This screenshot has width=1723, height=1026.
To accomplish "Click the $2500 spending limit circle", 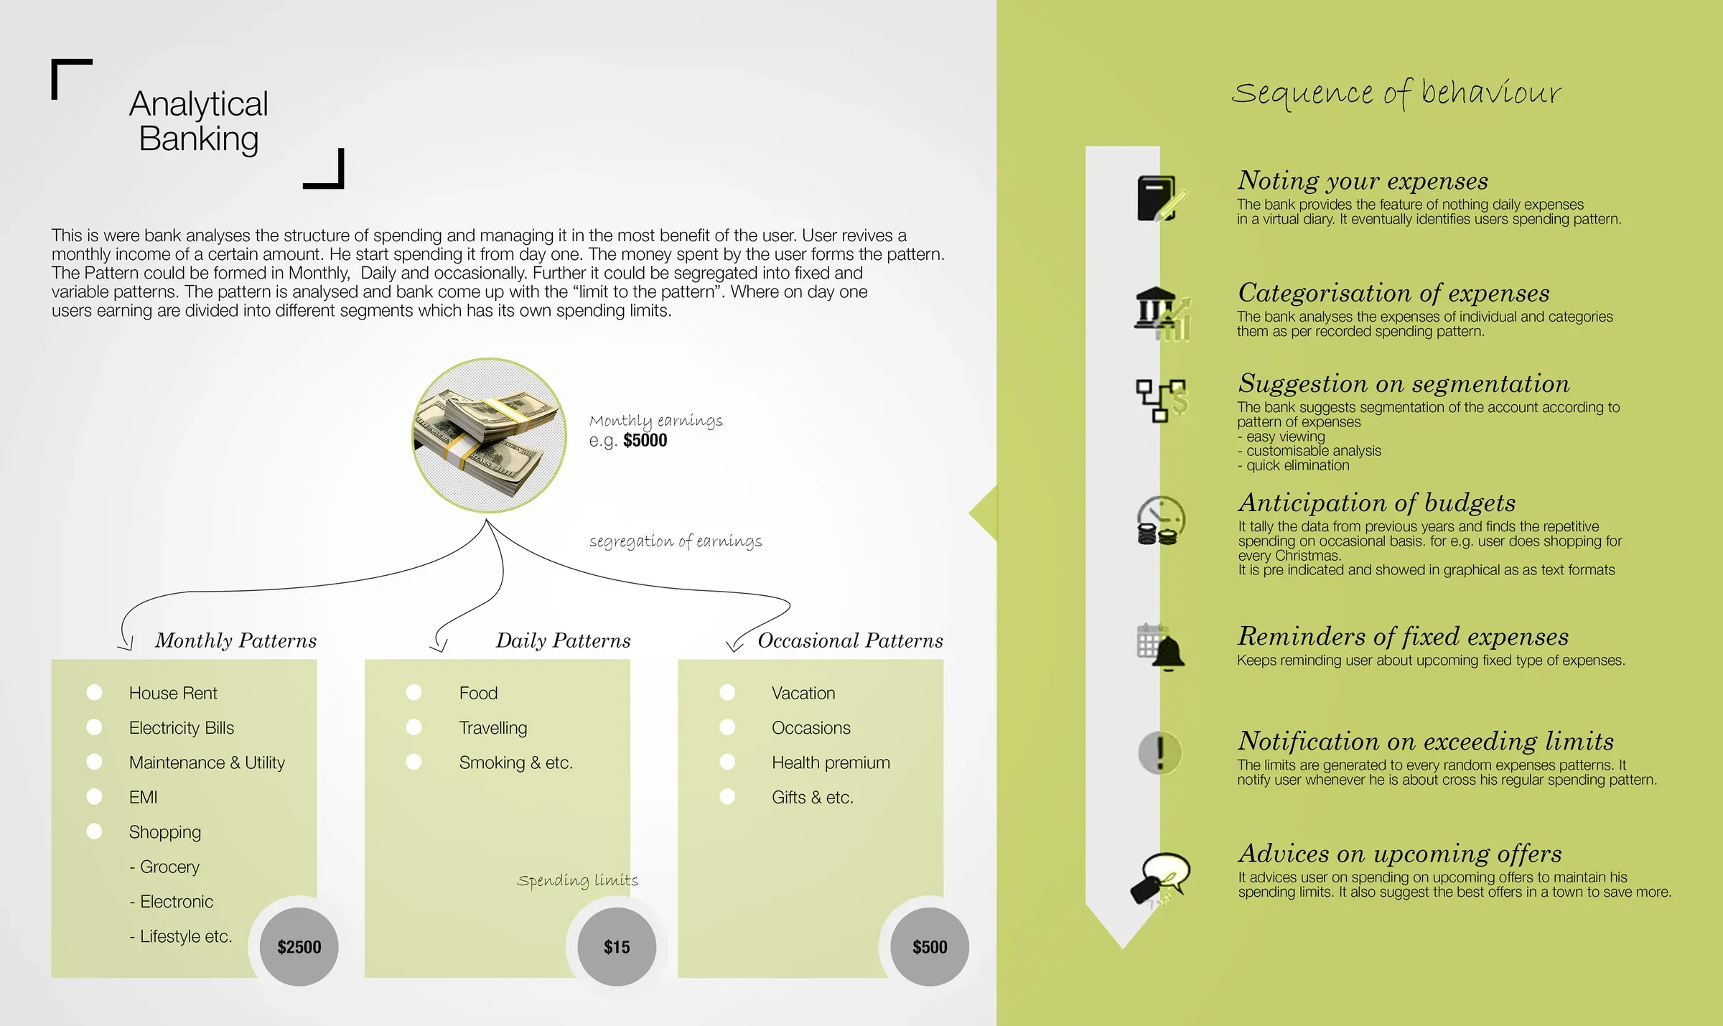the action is pyautogui.click(x=299, y=946).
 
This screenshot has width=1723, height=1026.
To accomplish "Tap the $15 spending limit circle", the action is pyautogui.click(x=617, y=946).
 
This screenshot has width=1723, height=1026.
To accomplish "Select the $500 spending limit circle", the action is pyautogui.click(x=930, y=946).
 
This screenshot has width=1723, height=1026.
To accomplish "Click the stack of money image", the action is pyautogui.click(x=489, y=435).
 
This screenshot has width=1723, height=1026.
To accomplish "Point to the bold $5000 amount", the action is pyautogui.click(x=645, y=440).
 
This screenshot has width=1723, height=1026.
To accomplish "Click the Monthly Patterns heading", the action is pyautogui.click(x=235, y=640).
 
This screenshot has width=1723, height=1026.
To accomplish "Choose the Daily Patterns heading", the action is pyautogui.click(x=563, y=640).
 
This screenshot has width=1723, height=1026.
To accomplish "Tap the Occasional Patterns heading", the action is pyautogui.click(x=850, y=640).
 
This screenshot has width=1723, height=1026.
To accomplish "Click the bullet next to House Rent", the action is pyautogui.click(x=94, y=692).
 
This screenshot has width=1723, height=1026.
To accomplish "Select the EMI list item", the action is pyautogui.click(x=143, y=797).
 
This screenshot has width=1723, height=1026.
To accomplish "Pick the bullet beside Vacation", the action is pyautogui.click(x=727, y=692).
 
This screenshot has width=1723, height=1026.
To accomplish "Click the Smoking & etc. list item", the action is pyautogui.click(x=515, y=762).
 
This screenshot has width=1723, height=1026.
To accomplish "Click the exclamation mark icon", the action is pyautogui.click(x=1159, y=752).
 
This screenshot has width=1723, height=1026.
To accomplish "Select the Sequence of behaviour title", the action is pyautogui.click(x=1396, y=94).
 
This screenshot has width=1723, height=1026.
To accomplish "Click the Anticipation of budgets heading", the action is pyautogui.click(x=1376, y=503).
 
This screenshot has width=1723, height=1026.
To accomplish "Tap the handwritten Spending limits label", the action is pyautogui.click(x=577, y=880).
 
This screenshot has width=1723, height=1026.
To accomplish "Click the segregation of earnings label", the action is pyautogui.click(x=676, y=541).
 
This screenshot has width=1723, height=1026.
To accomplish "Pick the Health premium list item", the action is pyautogui.click(x=831, y=762).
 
